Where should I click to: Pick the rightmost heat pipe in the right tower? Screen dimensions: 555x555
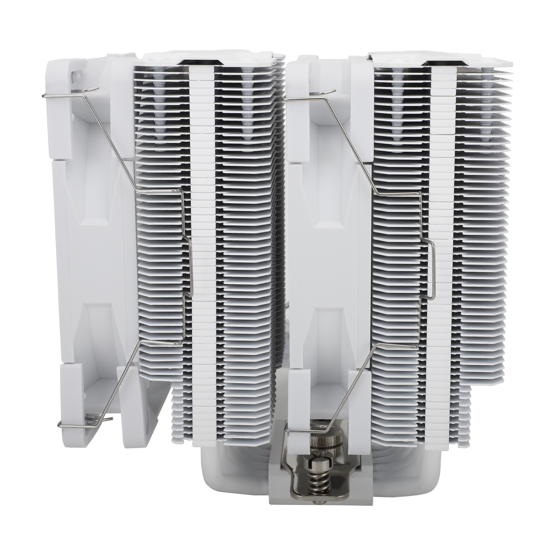coord(485,111)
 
